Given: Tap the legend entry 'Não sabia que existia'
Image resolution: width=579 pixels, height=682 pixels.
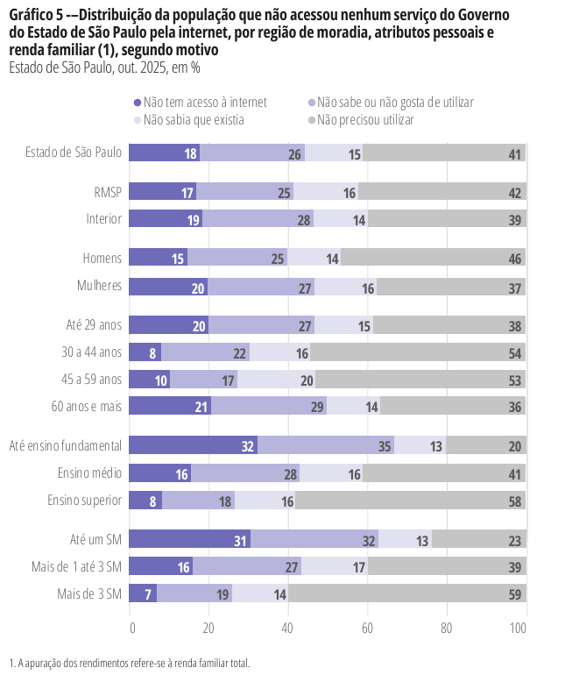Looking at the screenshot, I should tap(194, 119).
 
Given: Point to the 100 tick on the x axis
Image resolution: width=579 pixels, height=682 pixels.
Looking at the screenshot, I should tap(519, 628).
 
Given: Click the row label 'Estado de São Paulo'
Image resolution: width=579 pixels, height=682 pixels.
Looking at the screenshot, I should tap(74, 153).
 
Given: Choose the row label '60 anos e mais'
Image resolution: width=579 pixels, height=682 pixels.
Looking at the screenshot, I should tap(87, 406).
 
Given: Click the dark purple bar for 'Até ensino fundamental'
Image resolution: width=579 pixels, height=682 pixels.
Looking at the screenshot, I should tap(193, 445).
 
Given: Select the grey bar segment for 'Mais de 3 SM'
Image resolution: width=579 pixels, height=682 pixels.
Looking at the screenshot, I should tap(407, 593).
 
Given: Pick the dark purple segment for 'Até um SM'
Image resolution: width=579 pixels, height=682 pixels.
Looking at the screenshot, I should tap(190, 539).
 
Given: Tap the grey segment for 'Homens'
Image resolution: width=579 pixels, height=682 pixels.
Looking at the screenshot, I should tap(434, 258).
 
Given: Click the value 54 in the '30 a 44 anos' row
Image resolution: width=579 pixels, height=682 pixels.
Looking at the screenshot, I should tap(515, 353).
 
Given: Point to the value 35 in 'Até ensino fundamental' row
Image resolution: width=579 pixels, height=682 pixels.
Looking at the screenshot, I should tap(385, 446).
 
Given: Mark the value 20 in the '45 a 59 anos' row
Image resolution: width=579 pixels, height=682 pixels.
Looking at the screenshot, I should tap(307, 380).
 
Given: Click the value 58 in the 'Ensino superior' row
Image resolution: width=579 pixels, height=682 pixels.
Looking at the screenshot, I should tap(515, 501).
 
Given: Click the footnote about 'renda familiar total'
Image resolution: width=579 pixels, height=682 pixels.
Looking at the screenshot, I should tap(130, 663).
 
